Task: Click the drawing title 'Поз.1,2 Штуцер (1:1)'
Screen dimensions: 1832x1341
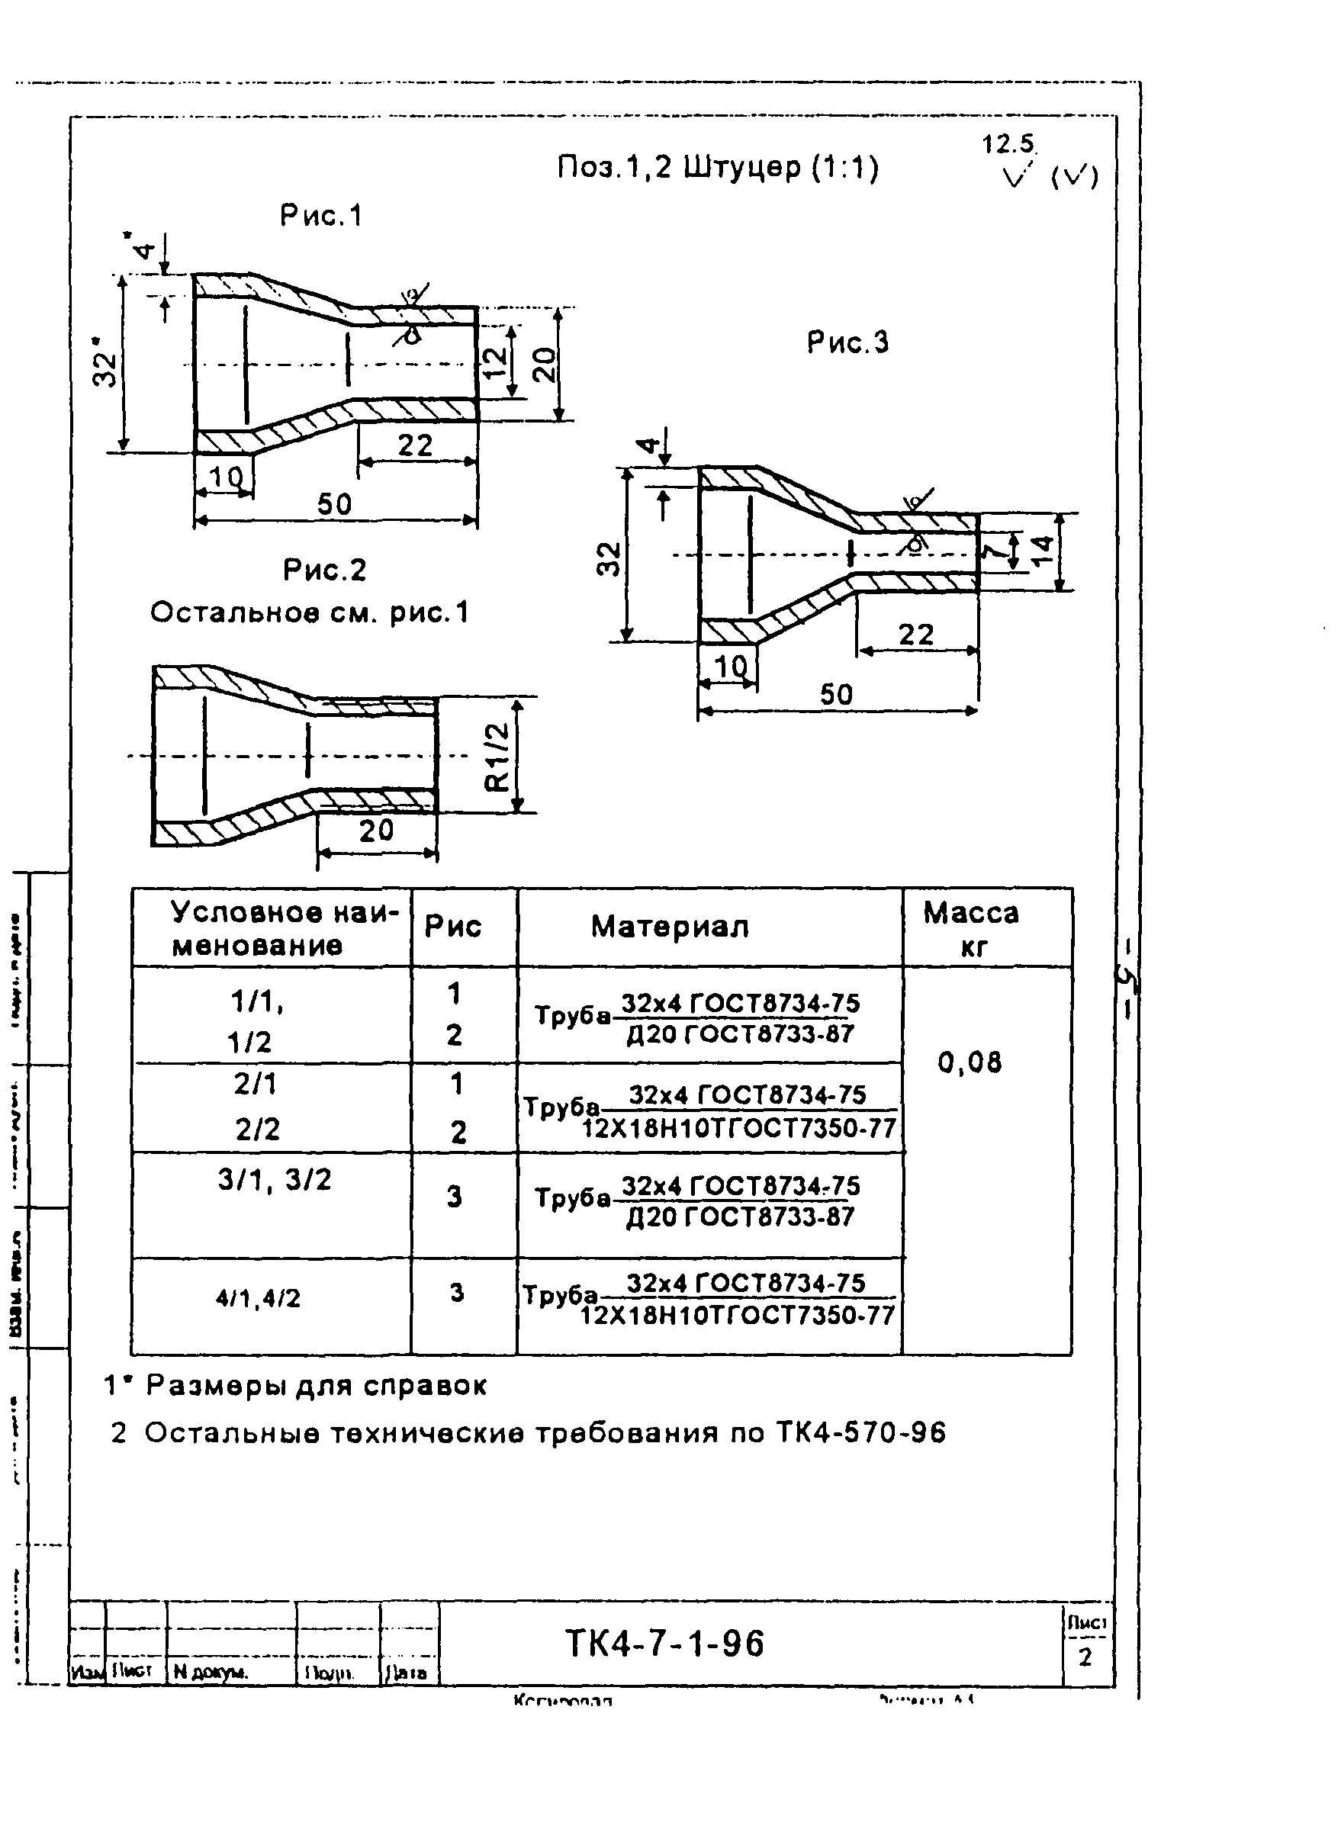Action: pos(718,168)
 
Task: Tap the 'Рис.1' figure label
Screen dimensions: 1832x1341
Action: pos(320,216)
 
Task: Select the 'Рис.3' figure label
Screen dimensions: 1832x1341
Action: pos(847,342)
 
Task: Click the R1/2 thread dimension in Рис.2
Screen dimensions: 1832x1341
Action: pos(497,757)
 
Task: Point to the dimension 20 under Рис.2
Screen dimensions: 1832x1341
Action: pos(376,831)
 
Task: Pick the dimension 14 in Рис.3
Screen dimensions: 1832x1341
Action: pos(1043,551)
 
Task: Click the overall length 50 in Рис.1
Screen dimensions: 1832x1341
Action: pos(334,504)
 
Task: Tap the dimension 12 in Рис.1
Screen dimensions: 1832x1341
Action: pos(494,358)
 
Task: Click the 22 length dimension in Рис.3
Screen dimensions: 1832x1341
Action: pos(915,634)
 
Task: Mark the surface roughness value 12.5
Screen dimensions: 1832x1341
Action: pos(1008,144)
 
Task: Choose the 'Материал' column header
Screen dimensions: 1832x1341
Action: pos(669,926)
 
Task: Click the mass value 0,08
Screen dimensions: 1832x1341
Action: pos(970,1062)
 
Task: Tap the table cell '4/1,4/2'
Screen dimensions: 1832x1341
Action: pos(258,1298)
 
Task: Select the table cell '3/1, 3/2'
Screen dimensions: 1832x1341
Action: pos(275,1179)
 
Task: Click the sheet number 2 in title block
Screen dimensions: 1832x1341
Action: pos(1085,1657)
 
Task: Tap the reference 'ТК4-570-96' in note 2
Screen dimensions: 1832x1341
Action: pos(860,1432)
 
